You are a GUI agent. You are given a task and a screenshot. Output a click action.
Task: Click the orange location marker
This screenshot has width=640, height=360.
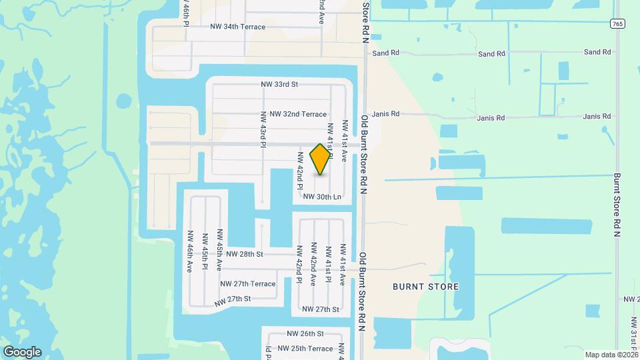(321, 159)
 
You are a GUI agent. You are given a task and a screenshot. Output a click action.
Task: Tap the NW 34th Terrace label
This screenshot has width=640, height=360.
(237, 27)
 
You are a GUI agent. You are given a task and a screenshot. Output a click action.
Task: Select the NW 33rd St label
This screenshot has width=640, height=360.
(279, 85)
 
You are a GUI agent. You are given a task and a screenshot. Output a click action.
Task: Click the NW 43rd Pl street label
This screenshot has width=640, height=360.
(263, 129)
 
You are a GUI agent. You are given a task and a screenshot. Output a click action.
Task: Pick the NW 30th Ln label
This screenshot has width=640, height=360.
(322, 197)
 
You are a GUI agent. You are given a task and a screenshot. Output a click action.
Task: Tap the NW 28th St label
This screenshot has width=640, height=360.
(245, 254)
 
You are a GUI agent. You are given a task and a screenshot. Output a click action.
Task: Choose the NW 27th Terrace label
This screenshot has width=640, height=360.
(248, 283)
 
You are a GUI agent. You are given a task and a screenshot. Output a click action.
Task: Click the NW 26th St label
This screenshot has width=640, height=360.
(305, 333)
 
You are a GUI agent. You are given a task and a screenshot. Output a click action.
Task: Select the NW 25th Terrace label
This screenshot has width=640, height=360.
(305, 349)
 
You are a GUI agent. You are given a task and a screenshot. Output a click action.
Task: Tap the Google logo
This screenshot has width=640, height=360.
(22, 351)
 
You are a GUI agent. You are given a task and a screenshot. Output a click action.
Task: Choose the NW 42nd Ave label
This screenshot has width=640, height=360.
(313, 263)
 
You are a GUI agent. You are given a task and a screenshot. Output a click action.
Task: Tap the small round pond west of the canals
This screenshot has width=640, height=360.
(123, 101)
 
